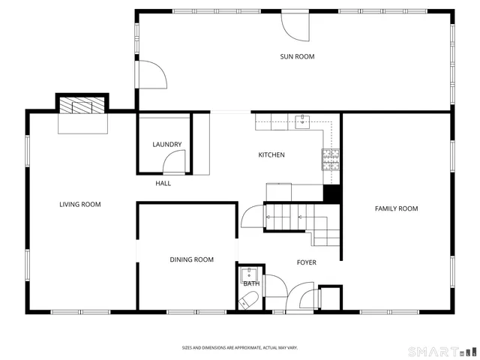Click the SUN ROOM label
tap(297, 56)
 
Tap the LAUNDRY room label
tap(167, 145)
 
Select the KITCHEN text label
tap(271, 155)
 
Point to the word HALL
tap(163, 183)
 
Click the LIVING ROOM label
tap(80, 204)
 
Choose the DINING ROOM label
tap(191, 259)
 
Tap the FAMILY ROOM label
tap(396, 208)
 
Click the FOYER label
tap(307, 262)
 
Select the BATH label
tap(250, 283)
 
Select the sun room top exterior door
tap(295, 27)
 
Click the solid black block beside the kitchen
tap(332, 193)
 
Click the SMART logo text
tap(432, 351)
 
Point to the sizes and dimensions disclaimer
tap(240, 347)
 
